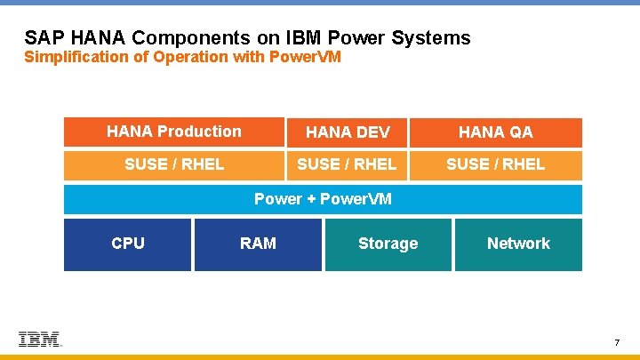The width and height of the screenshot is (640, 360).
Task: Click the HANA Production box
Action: [174, 132]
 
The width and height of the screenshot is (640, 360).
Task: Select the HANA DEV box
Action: [347, 132]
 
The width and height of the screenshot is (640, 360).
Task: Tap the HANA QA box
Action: [495, 132]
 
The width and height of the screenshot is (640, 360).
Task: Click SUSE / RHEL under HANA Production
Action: [174, 164]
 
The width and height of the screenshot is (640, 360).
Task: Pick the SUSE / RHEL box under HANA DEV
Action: [347, 164]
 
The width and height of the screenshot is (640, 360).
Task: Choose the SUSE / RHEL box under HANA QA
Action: [495, 164]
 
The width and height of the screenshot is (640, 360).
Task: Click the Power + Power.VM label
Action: [323, 199]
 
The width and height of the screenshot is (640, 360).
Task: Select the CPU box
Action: [128, 244]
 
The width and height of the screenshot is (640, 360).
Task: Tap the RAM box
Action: [258, 244]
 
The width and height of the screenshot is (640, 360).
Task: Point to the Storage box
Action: [388, 244]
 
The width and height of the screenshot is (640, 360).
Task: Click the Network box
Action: [518, 244]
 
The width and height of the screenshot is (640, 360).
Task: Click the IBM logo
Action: [40, 340]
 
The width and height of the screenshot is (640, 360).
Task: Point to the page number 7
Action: [616, 343]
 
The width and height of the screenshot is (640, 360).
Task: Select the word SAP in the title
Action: [43, 38]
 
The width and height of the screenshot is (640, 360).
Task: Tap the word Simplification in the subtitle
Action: [76, 58]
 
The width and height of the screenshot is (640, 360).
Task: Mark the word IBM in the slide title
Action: [307, 38]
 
